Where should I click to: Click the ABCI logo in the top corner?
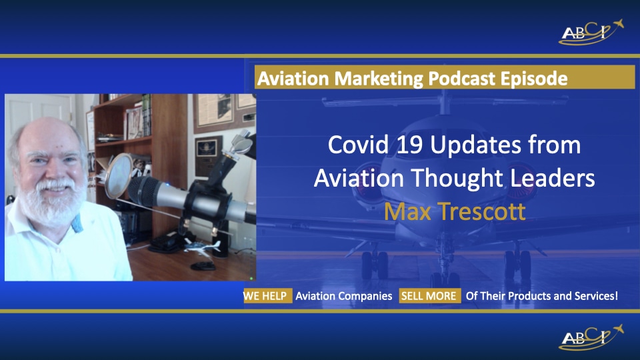point(591,32)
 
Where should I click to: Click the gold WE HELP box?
point(267,296)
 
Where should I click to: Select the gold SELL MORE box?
point(429,296)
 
